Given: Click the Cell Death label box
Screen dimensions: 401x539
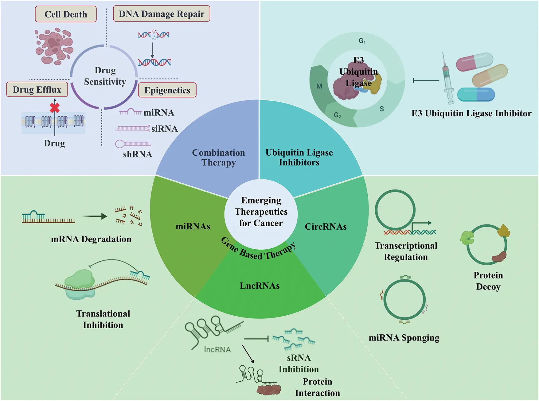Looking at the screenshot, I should [66, 14].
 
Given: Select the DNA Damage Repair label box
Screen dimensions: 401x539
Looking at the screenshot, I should [162, 14].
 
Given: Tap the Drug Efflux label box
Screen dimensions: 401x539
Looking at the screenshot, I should [37, 89].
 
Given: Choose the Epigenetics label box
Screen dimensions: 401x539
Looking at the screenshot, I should [167, 90].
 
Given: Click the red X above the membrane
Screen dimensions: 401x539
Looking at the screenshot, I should [55, 108].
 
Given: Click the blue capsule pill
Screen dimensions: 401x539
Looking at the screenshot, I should [476, 95].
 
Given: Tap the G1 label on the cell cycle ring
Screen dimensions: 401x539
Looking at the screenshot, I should [362, 41].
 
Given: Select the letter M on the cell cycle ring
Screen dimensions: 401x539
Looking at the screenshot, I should [319, 86].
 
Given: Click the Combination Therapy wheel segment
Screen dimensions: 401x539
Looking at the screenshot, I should [218, 157].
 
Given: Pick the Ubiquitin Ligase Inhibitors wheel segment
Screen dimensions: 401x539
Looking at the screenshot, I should [299, 157].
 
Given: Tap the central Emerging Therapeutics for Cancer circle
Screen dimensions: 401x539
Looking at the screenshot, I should [261, 212].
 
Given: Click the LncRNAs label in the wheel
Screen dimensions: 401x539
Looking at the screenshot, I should [260, 286].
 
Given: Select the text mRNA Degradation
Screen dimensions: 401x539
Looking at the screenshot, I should [91, 239].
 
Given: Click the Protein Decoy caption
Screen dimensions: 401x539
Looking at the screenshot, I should [488, 281].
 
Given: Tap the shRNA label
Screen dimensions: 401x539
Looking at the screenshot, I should [138, 154].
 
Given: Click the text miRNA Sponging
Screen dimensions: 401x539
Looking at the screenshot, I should [404, 338].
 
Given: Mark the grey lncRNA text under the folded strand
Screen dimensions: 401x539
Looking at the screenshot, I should [217, 349].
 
